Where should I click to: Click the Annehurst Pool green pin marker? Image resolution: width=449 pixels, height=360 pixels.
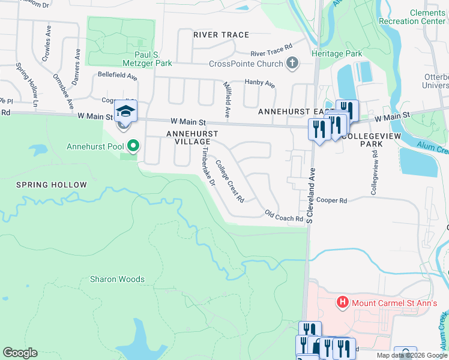[x=134, y=146]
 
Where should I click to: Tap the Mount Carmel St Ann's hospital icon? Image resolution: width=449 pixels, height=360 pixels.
[x=343, y=301]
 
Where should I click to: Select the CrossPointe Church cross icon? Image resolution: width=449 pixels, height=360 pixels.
[x=292, y=64]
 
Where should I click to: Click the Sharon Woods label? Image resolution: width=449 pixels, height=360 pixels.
[x=117, y=279]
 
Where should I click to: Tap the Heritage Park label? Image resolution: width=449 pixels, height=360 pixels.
[x=337, y=53]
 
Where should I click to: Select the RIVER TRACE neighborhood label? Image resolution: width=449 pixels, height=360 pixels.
[x=221, y=35]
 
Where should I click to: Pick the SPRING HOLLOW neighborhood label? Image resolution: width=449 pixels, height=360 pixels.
[x=52, y=185]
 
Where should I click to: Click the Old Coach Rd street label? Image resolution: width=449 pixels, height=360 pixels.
[x=284, y=216]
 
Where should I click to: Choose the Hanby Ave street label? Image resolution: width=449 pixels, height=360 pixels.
[x=259, y=83]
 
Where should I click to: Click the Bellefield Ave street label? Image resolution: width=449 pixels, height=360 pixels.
[x=118, y=77]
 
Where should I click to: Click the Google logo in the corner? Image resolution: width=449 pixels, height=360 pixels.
[x=20, y=353]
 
